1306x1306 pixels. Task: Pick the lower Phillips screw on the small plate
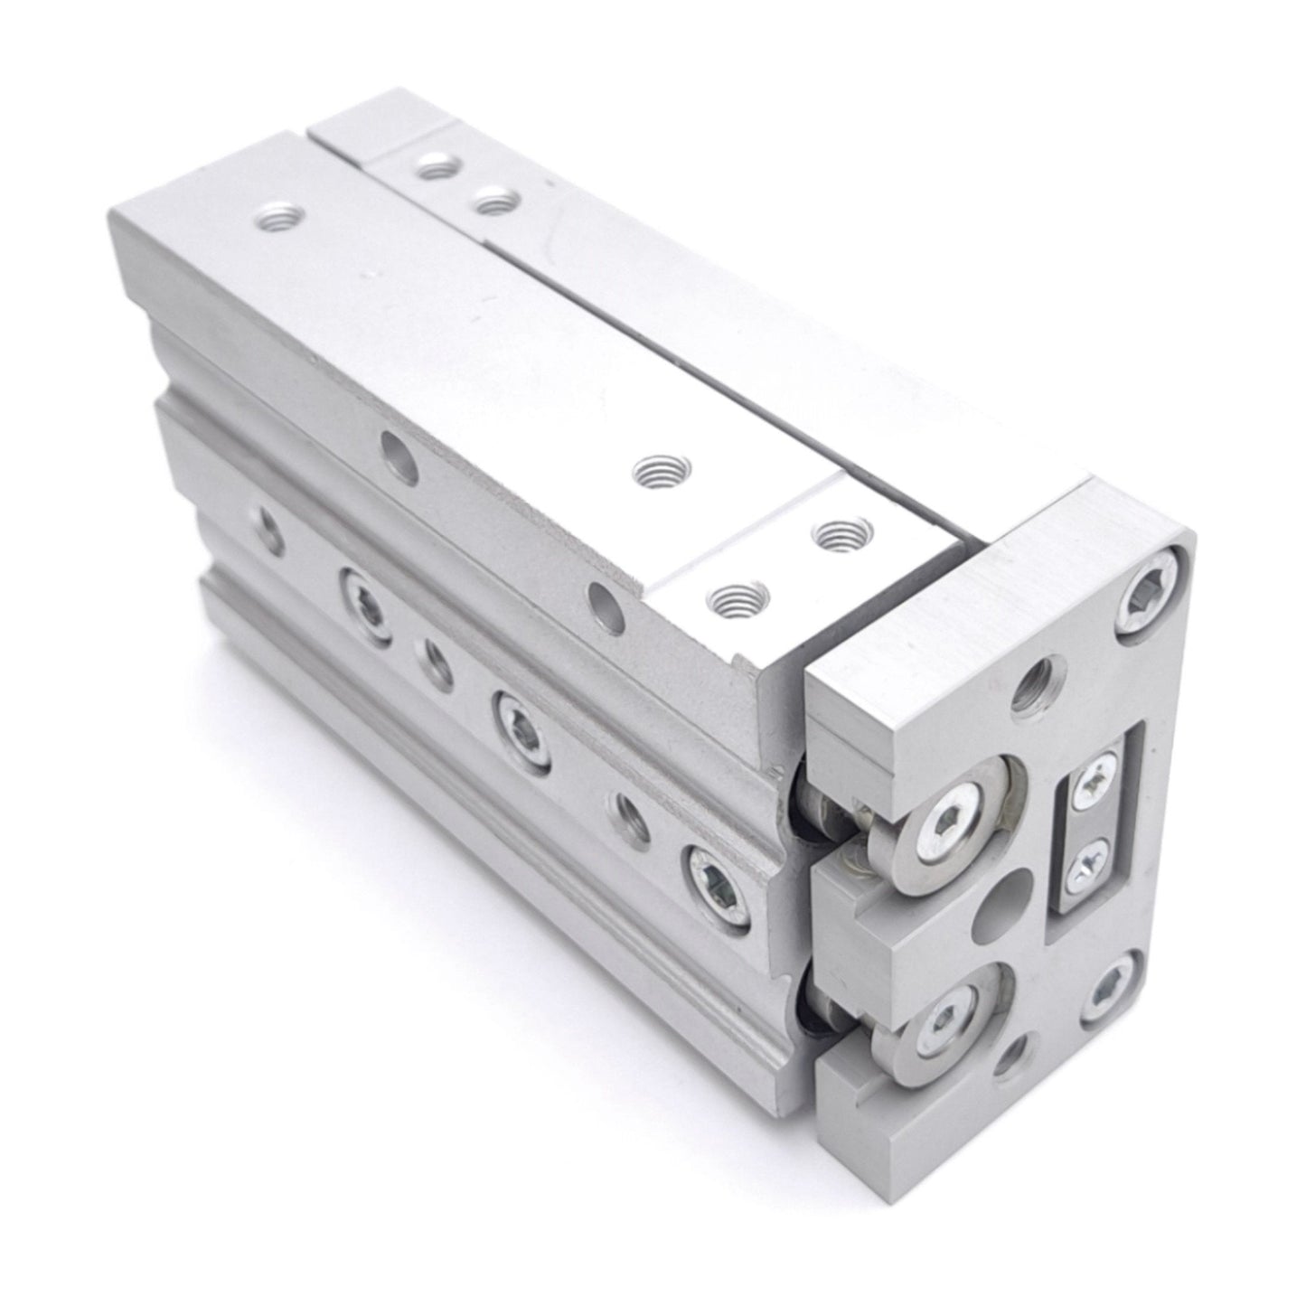coord(1085,873)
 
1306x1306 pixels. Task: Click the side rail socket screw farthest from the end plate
coord(366,597)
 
